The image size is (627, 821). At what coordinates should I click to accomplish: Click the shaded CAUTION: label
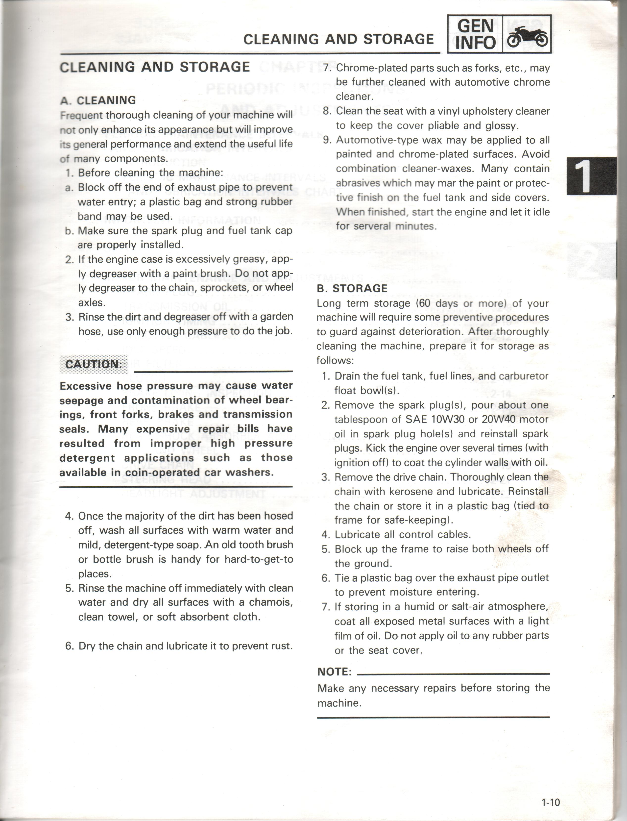tap(94, 364)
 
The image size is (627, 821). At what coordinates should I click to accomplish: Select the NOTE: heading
tap(334, 672)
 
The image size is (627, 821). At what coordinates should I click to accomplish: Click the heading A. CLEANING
tap(98, 100)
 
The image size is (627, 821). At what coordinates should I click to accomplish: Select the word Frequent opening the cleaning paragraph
tap(81, 115)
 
